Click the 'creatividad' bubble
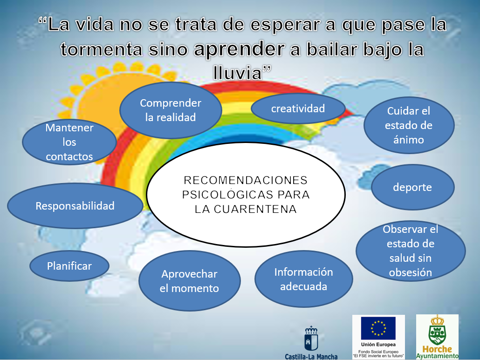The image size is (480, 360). click(298, 109)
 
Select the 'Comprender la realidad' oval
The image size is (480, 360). click(171, 110)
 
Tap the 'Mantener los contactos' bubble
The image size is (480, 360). click(69, 142)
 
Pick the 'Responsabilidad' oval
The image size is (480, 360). click(75, 206)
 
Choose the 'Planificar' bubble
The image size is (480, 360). click(69, 266)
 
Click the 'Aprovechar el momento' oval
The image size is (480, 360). click(190, 281)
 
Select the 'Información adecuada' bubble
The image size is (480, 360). click(304, 279)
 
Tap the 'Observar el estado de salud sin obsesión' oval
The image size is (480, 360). click(411, 251)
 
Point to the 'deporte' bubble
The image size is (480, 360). click(412, 187)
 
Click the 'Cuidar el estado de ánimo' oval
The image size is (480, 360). click(409, 125)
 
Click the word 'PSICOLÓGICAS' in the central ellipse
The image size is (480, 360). click(224, 195)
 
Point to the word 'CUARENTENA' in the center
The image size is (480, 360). click(255, 209)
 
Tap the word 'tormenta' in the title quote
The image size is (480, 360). click(101, 49)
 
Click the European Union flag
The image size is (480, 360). click(378, 328)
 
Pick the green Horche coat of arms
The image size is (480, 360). click(437, 331)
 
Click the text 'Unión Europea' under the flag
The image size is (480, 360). click(378, 345)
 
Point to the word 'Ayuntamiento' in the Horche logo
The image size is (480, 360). click(437, 356)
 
